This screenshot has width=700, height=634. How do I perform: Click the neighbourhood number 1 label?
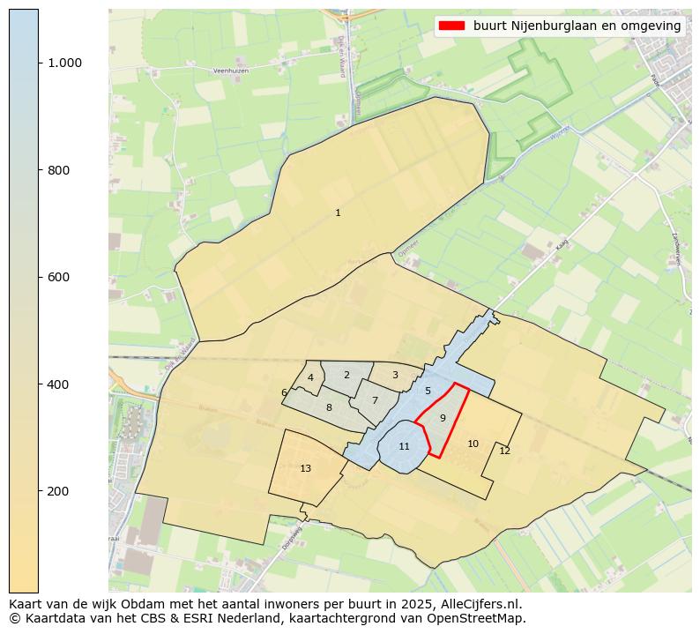[338, 213]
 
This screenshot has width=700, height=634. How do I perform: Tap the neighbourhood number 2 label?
[346, 375]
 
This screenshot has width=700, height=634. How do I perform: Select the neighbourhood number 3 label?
[395, 375]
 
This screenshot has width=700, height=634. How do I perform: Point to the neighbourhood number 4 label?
[310, 377]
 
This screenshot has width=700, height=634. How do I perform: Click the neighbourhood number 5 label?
[428, 391]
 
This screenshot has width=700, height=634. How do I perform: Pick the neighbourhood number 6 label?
[284, 393]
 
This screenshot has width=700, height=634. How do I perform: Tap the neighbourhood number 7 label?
[375, 400]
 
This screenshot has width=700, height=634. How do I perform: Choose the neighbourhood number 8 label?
[329, 407]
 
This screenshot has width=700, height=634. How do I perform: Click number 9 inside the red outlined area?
[443, 417]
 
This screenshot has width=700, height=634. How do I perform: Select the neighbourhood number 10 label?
[473, 444]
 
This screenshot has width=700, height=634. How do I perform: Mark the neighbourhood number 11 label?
[404, 446]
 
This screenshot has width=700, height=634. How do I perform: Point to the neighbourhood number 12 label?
[504, 451]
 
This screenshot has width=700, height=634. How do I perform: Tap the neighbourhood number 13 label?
[305, 468]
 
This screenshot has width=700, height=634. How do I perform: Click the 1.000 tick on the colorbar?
[64, 63]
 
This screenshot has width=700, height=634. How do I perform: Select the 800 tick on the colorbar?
[58, 170]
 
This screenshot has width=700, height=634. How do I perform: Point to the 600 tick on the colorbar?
[58, 277]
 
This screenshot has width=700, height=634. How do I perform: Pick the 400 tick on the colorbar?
[58, 384]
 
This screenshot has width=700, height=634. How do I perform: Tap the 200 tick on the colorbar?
[58, 491]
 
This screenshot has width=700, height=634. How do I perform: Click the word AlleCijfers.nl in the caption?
[483, 604]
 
